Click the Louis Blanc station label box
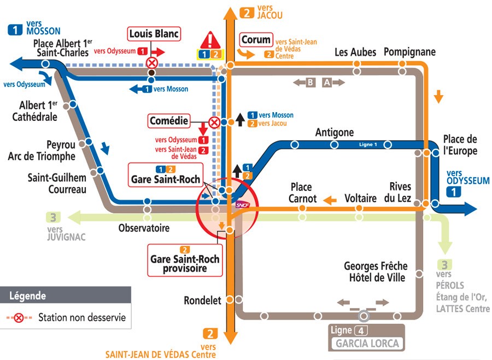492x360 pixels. pyautogui.click(x=154, y=34)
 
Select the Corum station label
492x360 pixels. pyautogui.click(x=256, y=40)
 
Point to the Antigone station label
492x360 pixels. pyautogui.click(x=335, y=132)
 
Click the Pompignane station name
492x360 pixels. pyautogui.click(x=409, y=52)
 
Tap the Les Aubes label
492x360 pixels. pyautogui.click(x=355, y=52)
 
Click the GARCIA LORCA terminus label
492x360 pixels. pyautogui.click(x=367, y=344)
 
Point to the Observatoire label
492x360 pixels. pyautogui.click(x=144, y=228)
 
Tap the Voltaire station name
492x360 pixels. pyautogui.click(x=360, y=198)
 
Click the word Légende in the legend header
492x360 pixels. pyautogui.click(x=28, y=296)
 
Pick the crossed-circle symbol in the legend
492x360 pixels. pyautogui.click(x=19, y=318)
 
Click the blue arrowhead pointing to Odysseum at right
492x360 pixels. pyautogui.click(x=470, y=208)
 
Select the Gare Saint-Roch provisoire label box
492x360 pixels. pyautogui.click(x=185, y=260)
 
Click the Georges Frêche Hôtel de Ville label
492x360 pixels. pyautogui.click(x=374, y=272)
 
